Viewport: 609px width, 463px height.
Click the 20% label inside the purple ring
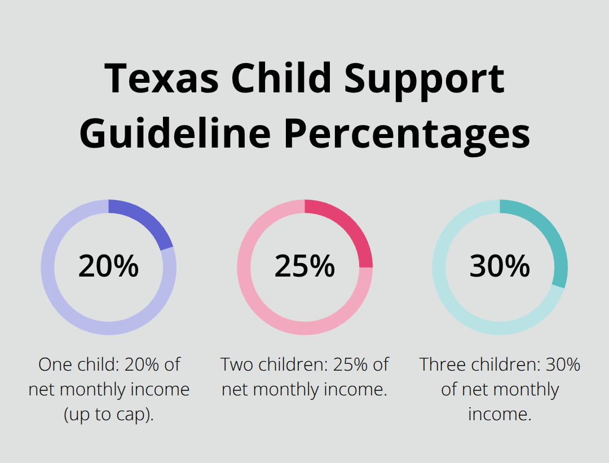(x=108, y=266)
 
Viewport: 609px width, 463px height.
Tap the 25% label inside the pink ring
(x=304, y=266)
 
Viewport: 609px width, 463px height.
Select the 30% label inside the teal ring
(x=500, y=266)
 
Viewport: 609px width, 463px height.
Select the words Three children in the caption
(x=480, y=364)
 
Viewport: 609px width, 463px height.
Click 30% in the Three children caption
(x=563, y=364)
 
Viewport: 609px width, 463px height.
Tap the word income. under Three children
(x=500, y=414)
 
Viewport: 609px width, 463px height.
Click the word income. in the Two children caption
(x=360, y=389)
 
